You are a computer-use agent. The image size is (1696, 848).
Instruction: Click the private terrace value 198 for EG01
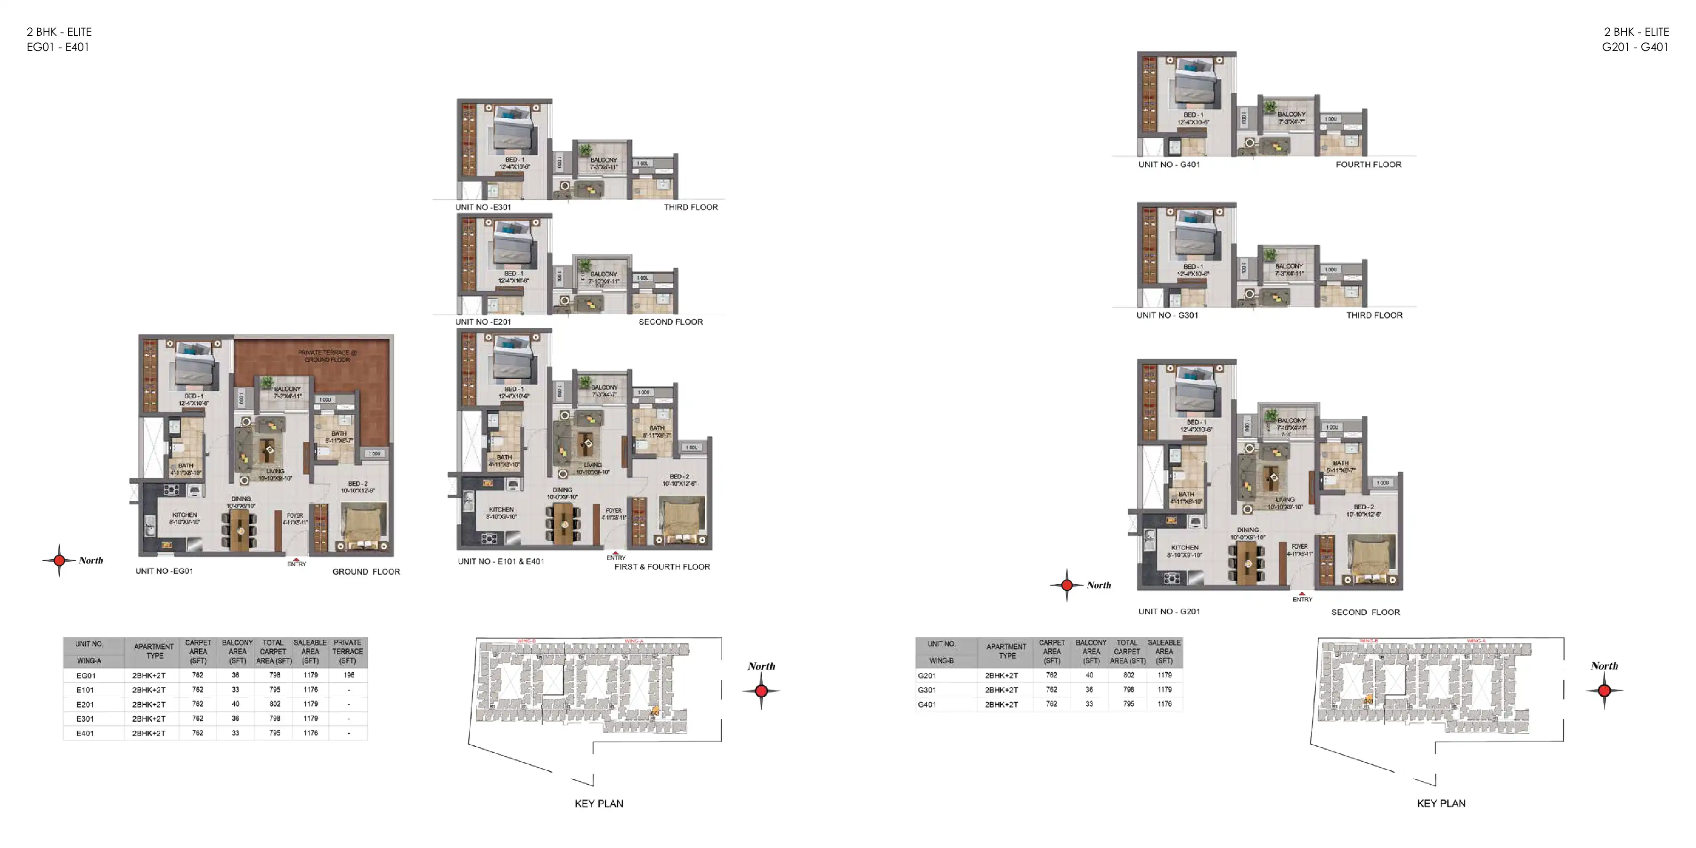click(x=348, y=675)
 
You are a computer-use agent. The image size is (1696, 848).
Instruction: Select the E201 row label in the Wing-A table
click(x=85, y=704)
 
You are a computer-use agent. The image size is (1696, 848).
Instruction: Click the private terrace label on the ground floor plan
click(x=327, y=356)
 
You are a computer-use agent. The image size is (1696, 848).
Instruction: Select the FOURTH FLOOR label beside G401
click(x=1368, y=164)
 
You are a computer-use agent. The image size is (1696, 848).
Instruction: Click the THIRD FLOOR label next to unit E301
click(x=690, y=207)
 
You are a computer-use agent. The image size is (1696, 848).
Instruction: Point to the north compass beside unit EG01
click(x=59, y=560)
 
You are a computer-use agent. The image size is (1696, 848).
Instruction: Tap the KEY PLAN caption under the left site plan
click(x=598, y=803)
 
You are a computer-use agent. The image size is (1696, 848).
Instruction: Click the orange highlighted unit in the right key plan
click(x=1369, y=699)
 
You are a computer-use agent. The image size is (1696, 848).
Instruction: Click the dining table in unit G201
click(x=1248, y=563)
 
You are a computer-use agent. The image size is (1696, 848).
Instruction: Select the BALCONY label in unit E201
click(x=603, y=274)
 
